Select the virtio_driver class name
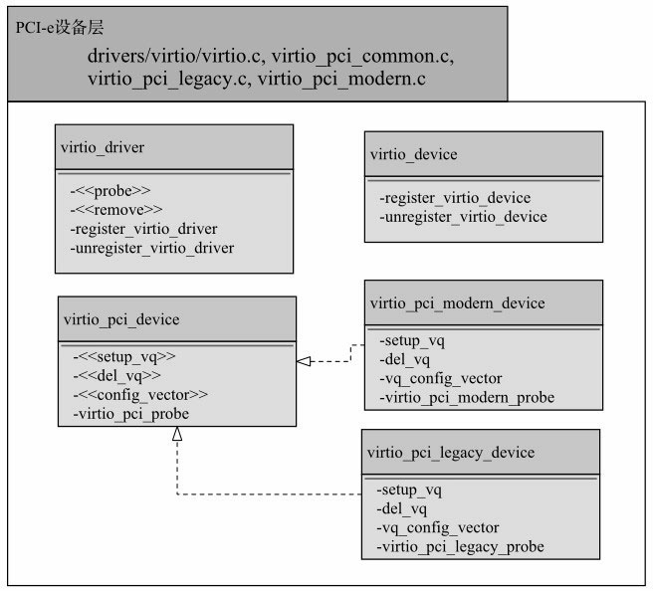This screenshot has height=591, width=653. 104,147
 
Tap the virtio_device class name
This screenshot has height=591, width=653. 413,154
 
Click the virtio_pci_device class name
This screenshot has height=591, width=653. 120,319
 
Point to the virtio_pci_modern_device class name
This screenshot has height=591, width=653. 457,302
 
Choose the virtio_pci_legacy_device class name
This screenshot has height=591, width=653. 451,453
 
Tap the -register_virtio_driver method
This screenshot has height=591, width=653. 144,228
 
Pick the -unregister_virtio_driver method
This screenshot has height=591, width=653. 152,248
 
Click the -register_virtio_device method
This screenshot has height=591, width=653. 455,198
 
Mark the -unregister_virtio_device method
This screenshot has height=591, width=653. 463,217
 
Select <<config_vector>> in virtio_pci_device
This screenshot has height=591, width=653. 140,394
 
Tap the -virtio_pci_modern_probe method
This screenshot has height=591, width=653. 466,398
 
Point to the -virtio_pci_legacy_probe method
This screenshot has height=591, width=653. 461,547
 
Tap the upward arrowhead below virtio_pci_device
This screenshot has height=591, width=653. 176,433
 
